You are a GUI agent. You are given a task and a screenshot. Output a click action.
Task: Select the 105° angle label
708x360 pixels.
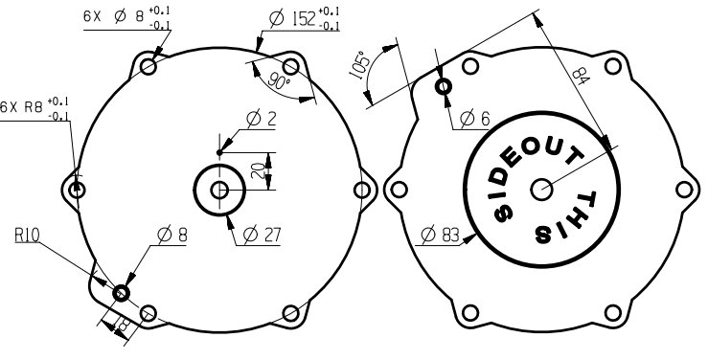click(x=360, y=66)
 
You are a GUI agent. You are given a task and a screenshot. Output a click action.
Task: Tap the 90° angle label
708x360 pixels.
click(x=279, y=79)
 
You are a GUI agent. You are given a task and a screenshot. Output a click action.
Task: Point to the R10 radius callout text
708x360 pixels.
click(x=27, y=235)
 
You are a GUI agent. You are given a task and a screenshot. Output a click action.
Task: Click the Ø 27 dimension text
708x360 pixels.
click(x=262, y=235)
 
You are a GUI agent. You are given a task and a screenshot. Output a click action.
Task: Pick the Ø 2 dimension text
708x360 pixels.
click(x=261, y=119)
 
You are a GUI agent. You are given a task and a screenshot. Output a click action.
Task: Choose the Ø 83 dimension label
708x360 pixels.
click(x=440, y=235)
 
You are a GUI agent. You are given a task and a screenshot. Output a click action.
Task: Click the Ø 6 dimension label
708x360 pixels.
click(x=475, y=119)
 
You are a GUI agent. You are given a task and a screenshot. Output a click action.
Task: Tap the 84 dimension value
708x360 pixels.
click(x=582, y=76)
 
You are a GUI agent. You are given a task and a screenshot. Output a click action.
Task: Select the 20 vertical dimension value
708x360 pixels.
click(x=258, y=171)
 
